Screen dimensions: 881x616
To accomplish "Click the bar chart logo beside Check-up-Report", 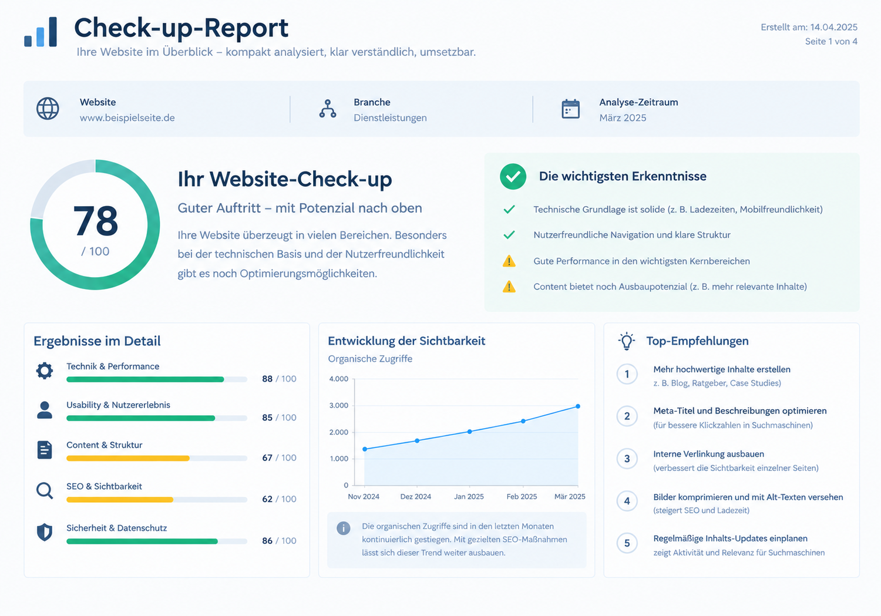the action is (x=41, y=32).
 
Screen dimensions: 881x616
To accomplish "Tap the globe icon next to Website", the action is (x=48, y=109).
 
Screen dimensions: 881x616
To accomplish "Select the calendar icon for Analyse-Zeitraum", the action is (x=570, y=109).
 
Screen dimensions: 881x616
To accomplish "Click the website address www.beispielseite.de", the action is (x=127, y=117).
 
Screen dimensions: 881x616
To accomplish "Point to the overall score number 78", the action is (x=96, y=221).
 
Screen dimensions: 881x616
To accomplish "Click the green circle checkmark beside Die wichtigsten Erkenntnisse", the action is (x=513, y=177).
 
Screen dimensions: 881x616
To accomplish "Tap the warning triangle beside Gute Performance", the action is (x=509, y=261).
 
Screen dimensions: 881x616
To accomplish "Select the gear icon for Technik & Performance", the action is (x=45, y=371).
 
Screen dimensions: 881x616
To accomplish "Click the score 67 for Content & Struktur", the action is (x=267, y=457).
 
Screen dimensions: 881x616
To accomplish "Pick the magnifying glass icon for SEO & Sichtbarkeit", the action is (x=45, y=490).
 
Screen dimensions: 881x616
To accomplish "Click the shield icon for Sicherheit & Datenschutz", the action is (x=45, y=532).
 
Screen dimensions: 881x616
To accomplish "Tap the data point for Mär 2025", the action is (x=578, y=406).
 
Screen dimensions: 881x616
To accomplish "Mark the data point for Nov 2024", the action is (x=365, y=449).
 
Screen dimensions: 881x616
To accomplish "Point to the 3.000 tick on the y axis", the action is (x=339, y=405).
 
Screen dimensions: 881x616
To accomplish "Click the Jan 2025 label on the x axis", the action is (x=469, y=496).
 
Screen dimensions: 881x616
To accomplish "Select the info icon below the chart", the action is (x=344, y=528).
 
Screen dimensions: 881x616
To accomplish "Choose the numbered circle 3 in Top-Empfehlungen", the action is (x=627, y=459).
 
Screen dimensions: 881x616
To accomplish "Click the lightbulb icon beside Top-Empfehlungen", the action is (x=627, y=341).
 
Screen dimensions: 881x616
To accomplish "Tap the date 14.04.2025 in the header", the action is (x=834, y=27).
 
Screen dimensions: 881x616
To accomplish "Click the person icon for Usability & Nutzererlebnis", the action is (x=45, y=410).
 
